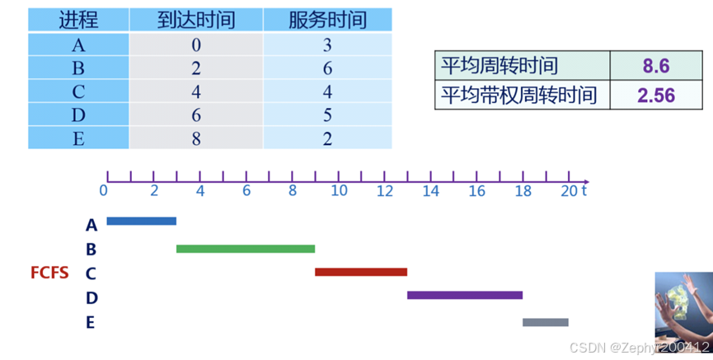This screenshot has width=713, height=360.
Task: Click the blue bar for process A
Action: tap(141, 221)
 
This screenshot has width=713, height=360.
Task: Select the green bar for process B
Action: tap(246, 249)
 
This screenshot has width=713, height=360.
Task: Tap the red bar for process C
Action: tap(361, 272)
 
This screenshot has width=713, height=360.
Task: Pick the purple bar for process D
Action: tap(465, 295)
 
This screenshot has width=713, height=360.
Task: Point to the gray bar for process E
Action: tap(546, 322)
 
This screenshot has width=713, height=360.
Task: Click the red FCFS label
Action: tap(49, 273)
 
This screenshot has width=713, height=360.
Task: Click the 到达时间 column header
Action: tap(196, 21)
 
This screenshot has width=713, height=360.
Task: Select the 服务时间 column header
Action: tap(327, 21)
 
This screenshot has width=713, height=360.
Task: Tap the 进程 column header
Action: tap(78, 21)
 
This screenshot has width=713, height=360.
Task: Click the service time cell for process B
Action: tap(327, 68)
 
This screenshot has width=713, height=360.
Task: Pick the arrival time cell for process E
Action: tap(196, 138)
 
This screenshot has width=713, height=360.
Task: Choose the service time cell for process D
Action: tap(327, 115)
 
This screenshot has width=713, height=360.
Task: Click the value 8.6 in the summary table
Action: tap(655, 66)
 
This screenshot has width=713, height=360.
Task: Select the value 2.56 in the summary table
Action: tap(655, 96)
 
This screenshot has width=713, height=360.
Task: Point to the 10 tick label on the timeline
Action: tap(339, 191)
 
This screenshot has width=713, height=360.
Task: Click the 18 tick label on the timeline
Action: tap(523, 191)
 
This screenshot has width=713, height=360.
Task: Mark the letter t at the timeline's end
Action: tap(584, 190)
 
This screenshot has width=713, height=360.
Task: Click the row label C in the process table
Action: tap(78, 92)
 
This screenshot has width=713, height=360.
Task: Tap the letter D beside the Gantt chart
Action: tap(91, 297)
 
